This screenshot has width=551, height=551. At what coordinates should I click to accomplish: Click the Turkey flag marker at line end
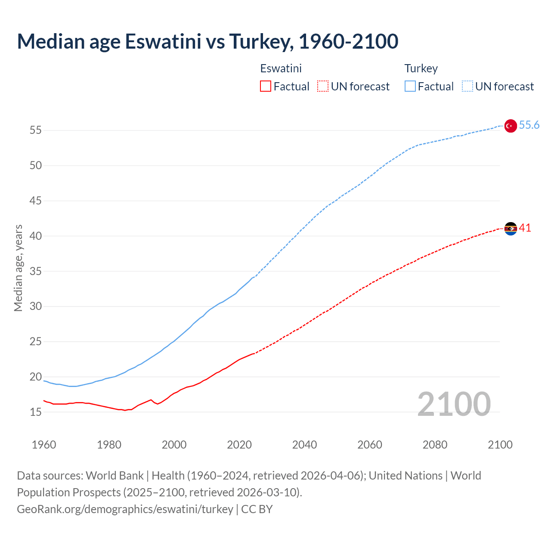pyautogui.click(x=510, y=126)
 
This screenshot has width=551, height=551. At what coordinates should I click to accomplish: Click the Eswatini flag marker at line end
pyautogui.click(x=510, y=229)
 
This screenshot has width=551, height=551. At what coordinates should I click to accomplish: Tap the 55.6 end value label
pyautogui.click(x=529, y=125)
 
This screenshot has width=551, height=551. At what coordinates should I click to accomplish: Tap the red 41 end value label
pyautogui.click(x=525, y=228)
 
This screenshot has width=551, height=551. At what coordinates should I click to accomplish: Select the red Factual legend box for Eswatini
pyautogui.click(x=266, y=87)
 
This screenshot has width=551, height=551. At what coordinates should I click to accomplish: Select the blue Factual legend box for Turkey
pyautogui.click(x=410, y=87)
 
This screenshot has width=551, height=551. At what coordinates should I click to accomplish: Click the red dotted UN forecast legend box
pyautogui.click(x=323, y=87)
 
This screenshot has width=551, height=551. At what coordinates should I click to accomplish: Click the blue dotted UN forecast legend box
pyautogui.click(x=467, y=87)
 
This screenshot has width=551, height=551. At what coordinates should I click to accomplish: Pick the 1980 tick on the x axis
pyautogui.click(x=109, y=445)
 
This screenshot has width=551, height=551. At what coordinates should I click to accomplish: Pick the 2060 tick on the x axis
pyautogui.click(x=370, y=445)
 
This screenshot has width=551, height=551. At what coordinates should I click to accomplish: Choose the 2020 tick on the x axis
pyautogui.click(x=239, y=445)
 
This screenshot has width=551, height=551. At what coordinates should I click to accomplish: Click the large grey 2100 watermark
pyautogui.click(x=454, y=404)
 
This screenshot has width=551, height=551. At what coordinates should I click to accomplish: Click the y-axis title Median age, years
pyautogui.click(x=18, y=268)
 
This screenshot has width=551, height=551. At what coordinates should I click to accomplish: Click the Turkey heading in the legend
pyautogui.click(x=421, y=68)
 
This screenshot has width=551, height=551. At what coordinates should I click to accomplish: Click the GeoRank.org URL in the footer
pyautogui.click(x=125, y=509)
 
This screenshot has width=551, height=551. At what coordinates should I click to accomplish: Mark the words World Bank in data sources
pyautogui.click(x=115, y=475)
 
